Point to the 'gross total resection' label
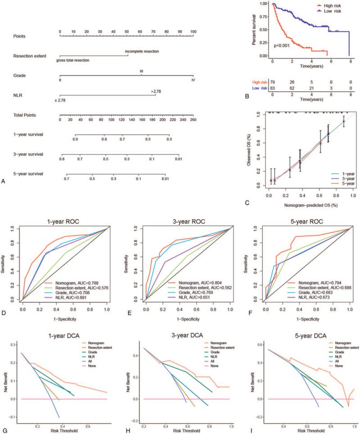click(73, 60)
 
